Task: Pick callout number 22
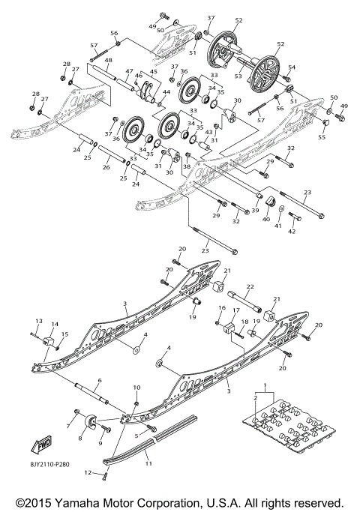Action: (250, 286)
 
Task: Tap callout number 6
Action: (98, 381)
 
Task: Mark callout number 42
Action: (292, 232)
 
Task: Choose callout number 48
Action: (108, 60)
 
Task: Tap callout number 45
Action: (154, 72)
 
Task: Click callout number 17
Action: (235, 310)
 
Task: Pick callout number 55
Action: (322, 138)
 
